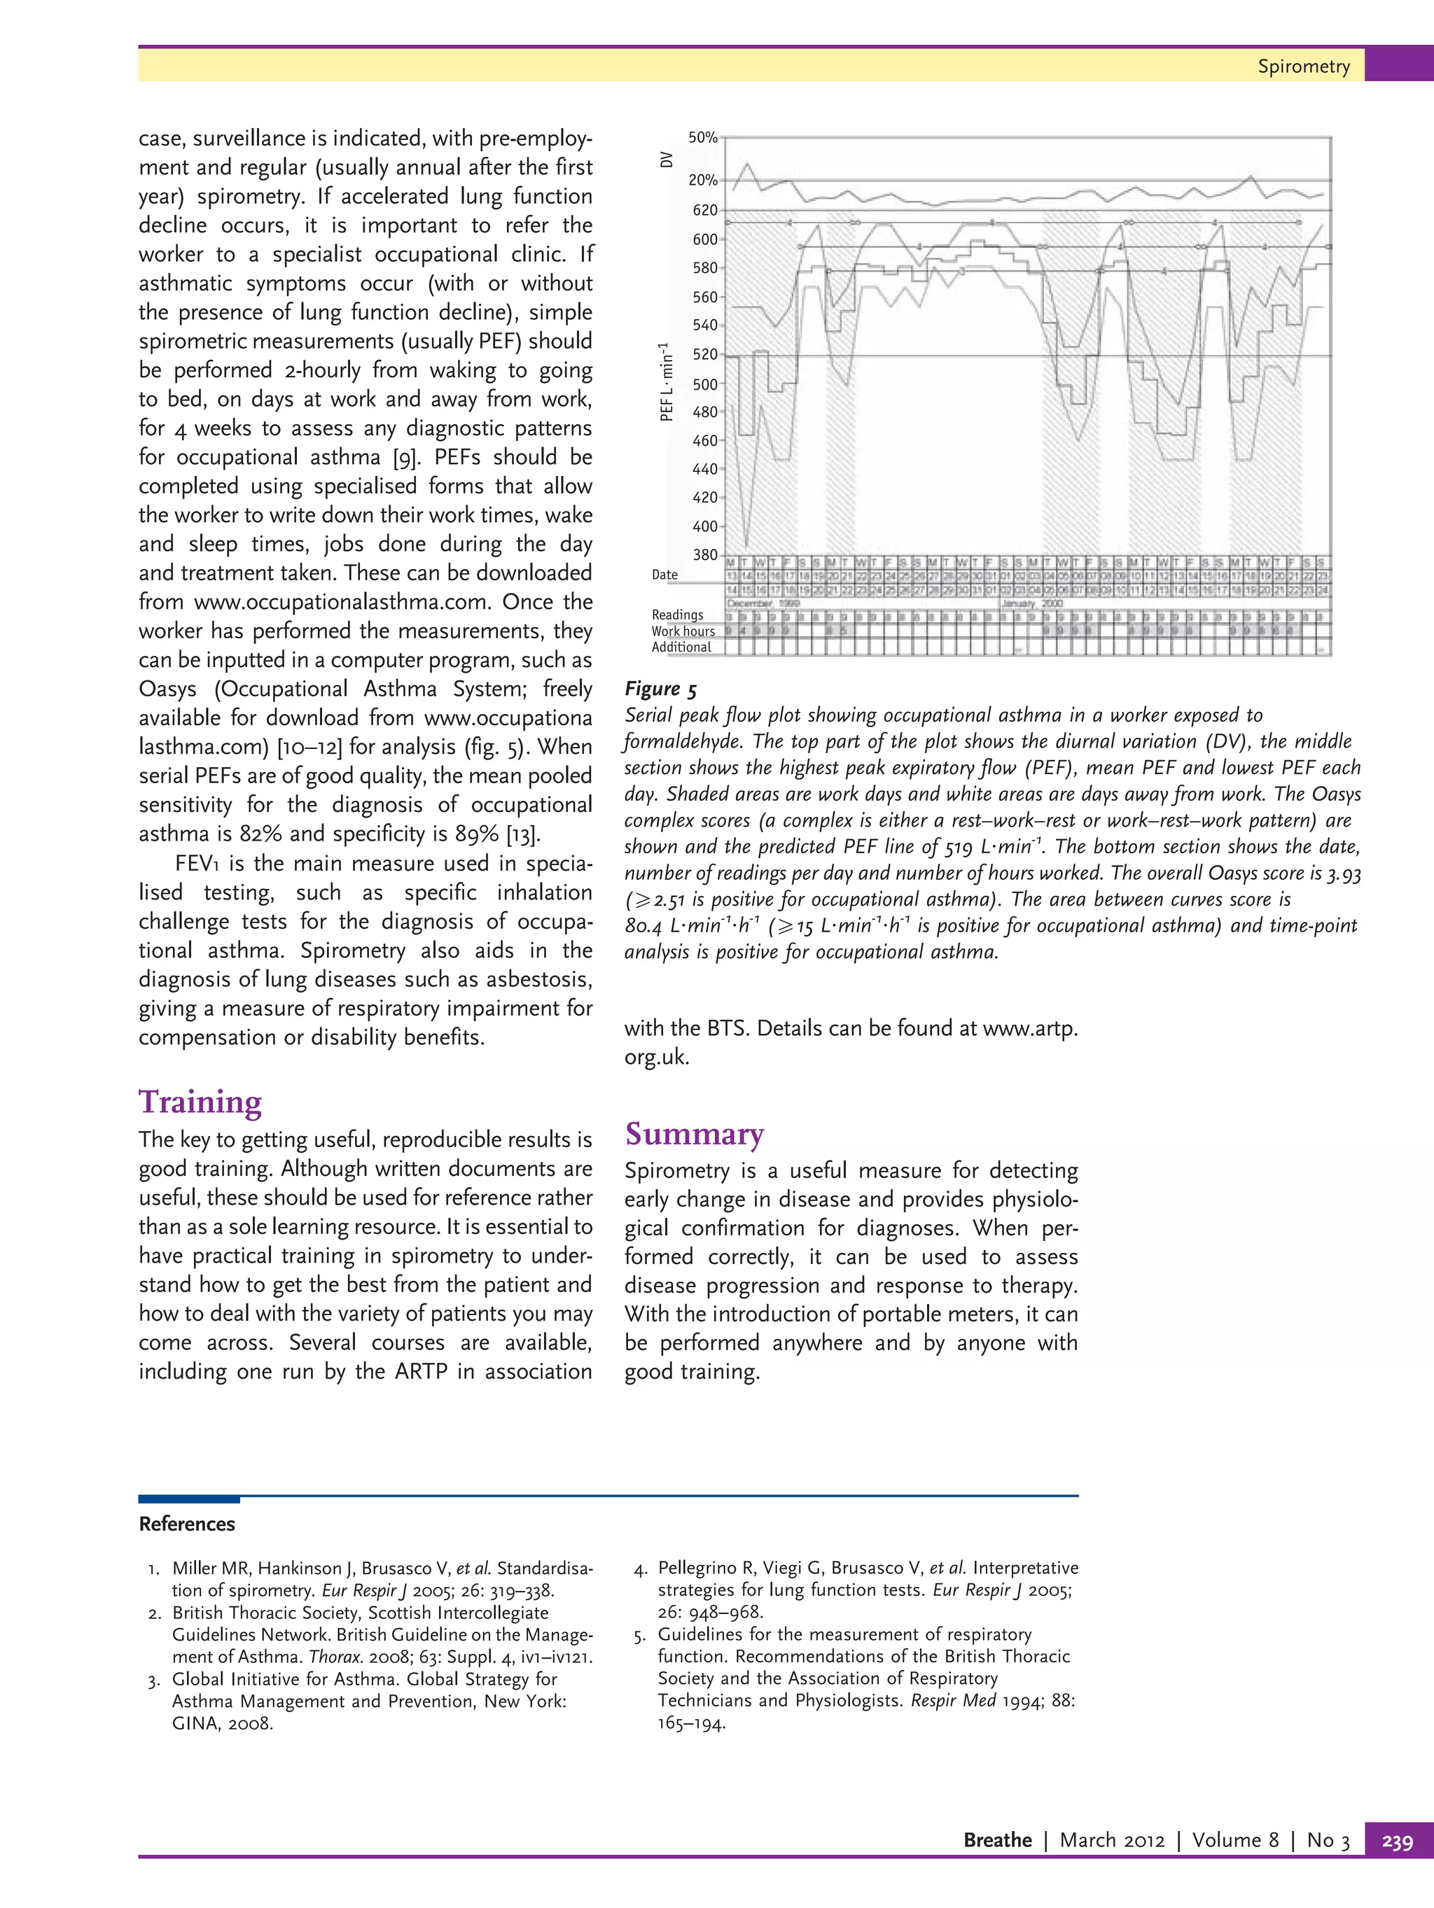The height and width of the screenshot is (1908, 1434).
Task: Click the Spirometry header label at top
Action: point(1303,66)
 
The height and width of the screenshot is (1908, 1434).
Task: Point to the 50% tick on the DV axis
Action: point(703,137)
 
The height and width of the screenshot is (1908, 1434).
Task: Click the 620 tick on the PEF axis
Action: point(705,209)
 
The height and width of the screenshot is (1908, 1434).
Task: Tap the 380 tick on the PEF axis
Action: point(705,554)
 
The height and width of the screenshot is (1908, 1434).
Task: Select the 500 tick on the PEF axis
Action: point(705,384)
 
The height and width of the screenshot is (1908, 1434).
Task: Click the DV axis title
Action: point(666,160)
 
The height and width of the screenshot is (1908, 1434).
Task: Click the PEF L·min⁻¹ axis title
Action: point(666,381)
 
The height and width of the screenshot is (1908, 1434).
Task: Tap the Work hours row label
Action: point(683,631)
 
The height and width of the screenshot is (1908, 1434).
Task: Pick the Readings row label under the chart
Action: point(677,615)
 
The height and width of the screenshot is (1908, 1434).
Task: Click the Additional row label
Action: point(681,647)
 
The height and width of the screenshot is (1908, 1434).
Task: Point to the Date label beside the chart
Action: point(664,575)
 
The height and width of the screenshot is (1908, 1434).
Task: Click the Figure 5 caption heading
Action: point(661,688)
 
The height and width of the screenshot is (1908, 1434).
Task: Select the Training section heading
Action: point(200,1102)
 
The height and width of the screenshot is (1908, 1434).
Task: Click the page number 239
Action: point(1397,1841)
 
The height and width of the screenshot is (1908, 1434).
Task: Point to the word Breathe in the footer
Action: point(996,1840)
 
